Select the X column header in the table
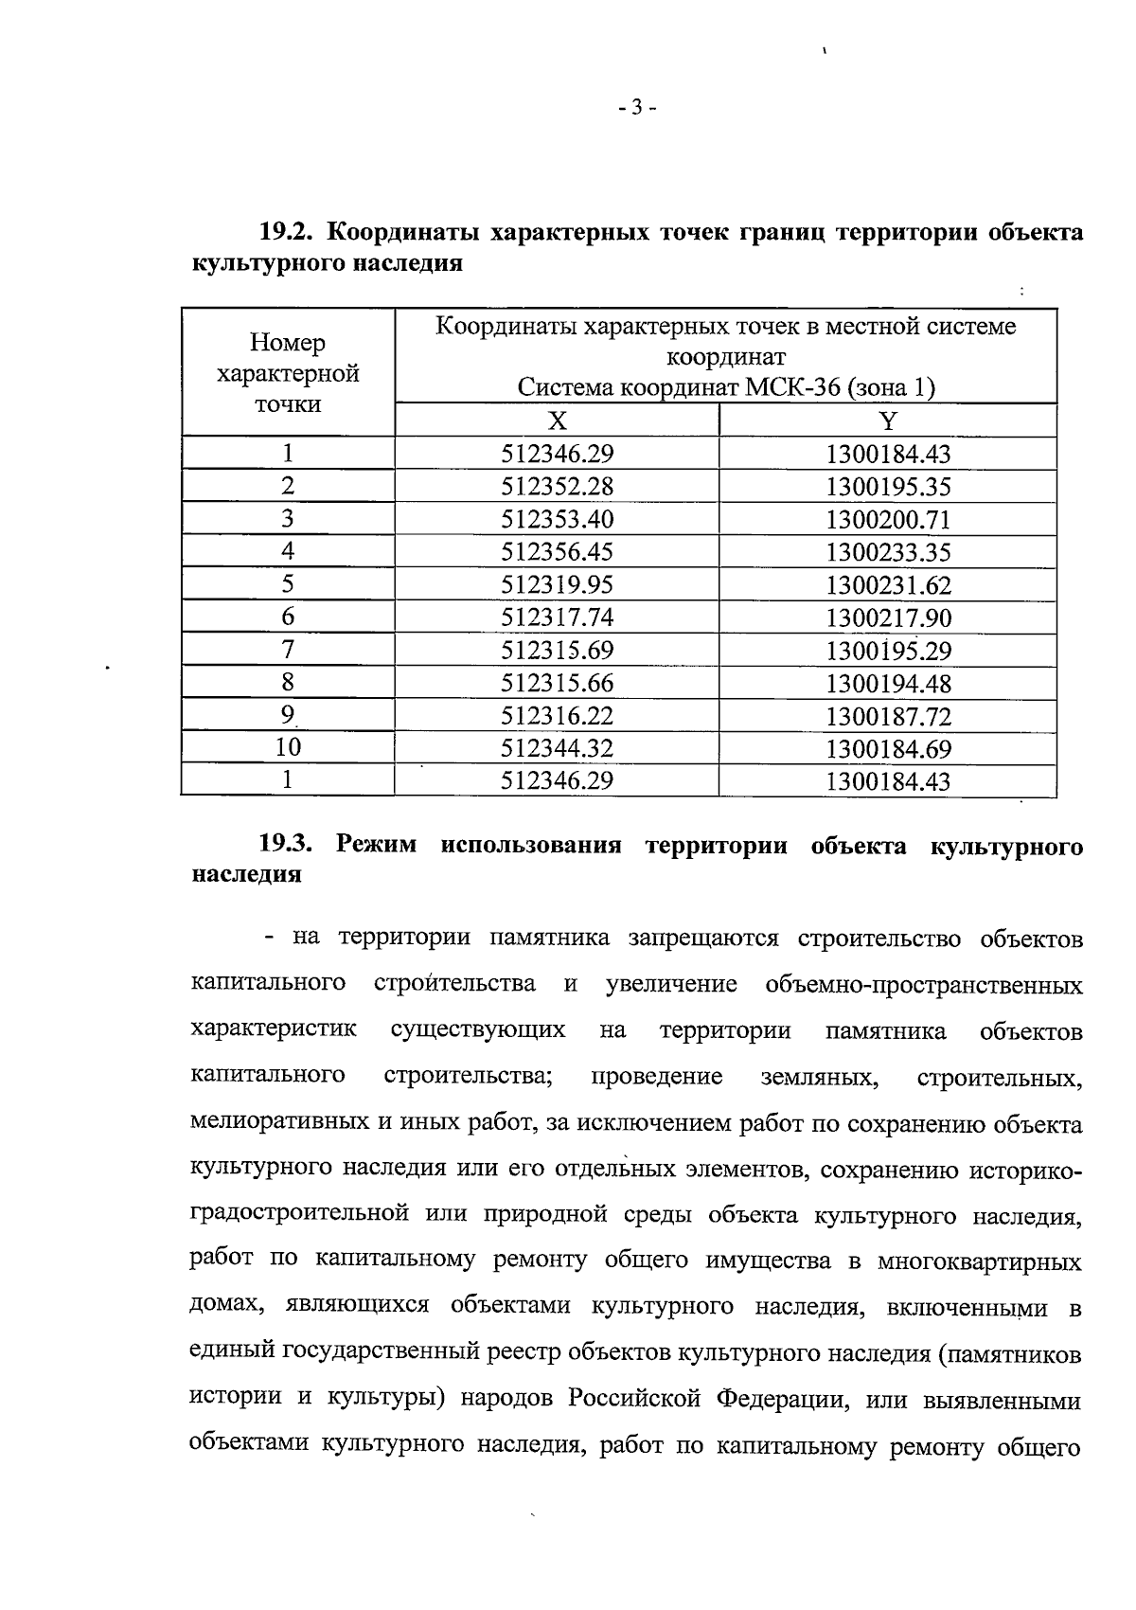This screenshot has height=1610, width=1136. tap(558, 421)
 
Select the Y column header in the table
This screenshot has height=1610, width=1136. tap(888, 421)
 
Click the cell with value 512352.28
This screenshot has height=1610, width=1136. tap(557, 487)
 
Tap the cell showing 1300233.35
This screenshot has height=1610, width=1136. tap(888, 552)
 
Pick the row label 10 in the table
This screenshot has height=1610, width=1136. tap(288, 747)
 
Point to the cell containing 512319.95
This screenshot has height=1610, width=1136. tap(557, 584)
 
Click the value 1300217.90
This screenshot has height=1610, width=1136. tap(888, 617)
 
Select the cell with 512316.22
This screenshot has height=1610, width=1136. tap(557, 715)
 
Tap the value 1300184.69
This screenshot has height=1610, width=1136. tap(888, 748)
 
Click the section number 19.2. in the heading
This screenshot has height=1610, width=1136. tap(289, 231)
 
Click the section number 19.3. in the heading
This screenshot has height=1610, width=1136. tap(289, 845)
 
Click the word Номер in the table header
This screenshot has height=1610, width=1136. tap(288, 343)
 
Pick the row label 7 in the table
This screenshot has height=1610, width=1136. tap(288, 650)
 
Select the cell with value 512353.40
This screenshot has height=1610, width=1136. tap(557, 519)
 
